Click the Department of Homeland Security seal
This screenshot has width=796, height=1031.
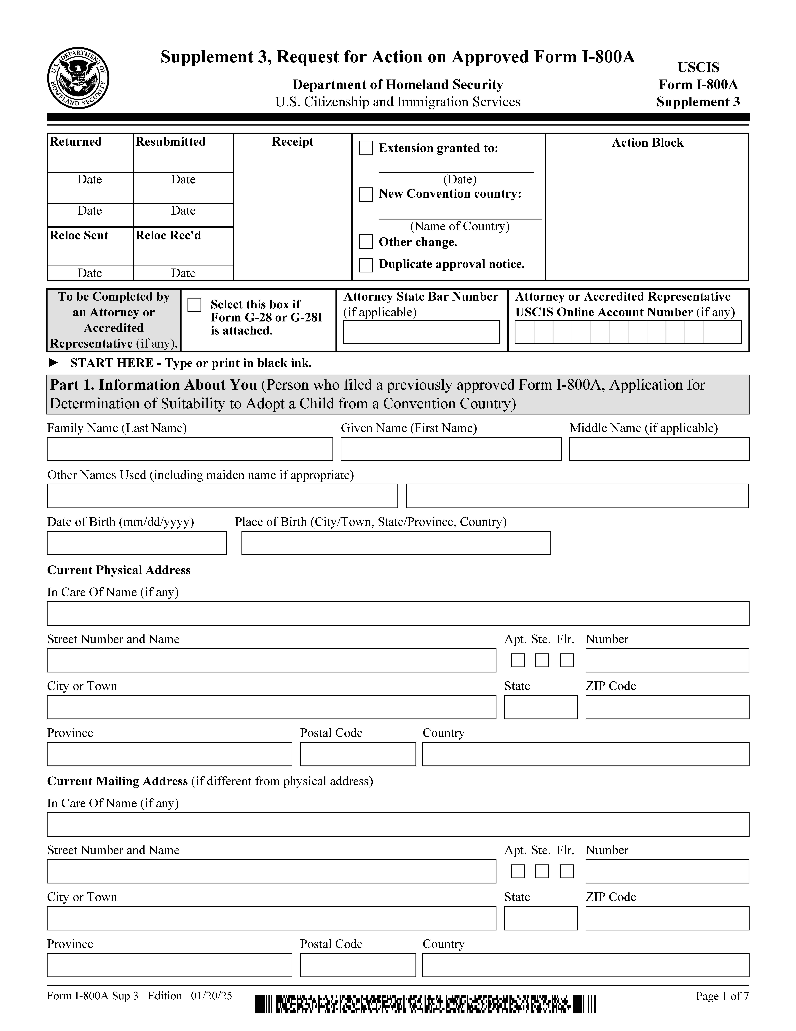(x=78, y=78)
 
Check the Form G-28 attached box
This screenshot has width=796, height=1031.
(x=194, y=304)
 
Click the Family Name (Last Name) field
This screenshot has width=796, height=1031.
(x=190, y=449)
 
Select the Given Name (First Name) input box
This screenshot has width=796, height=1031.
(x=451, y=449)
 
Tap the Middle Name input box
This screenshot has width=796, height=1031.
(x=659, y=449)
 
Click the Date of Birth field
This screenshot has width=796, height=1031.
(x=137, y=543)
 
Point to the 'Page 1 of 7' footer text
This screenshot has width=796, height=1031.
(x=722, y=996)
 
